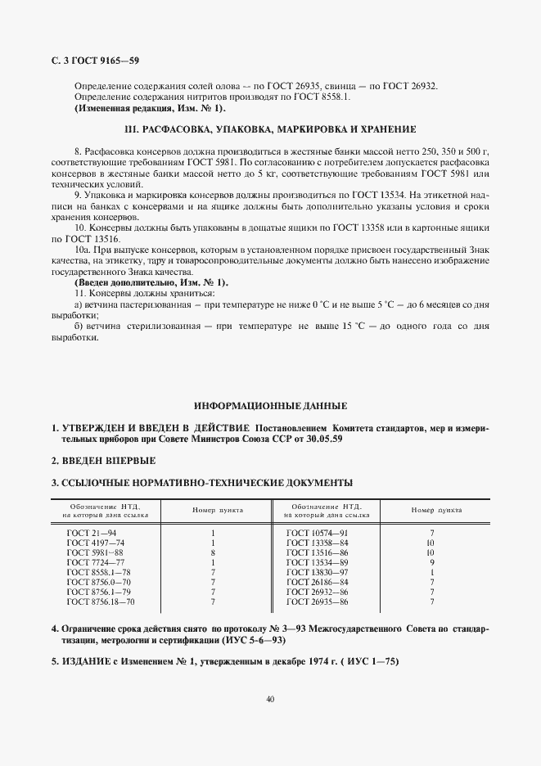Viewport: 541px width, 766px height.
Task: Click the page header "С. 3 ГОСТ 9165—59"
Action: point(95,61)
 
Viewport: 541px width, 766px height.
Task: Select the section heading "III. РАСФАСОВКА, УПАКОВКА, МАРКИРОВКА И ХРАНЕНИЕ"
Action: point(269,129)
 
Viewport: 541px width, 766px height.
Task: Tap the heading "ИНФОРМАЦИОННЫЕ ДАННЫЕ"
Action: point(270,406)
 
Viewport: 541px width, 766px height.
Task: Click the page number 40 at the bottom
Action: point(270,698)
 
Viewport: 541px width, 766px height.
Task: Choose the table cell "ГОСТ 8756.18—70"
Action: point(100,602)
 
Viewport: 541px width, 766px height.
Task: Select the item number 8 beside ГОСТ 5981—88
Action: point(213,552)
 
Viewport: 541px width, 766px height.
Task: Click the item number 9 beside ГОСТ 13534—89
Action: point(431,562)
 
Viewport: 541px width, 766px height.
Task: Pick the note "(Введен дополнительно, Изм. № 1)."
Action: point(151,282)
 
